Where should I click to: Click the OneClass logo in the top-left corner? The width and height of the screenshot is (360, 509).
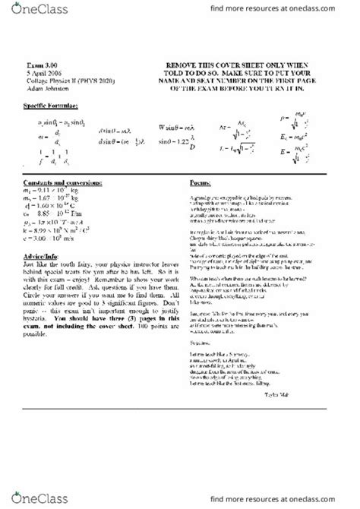point(30,11)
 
